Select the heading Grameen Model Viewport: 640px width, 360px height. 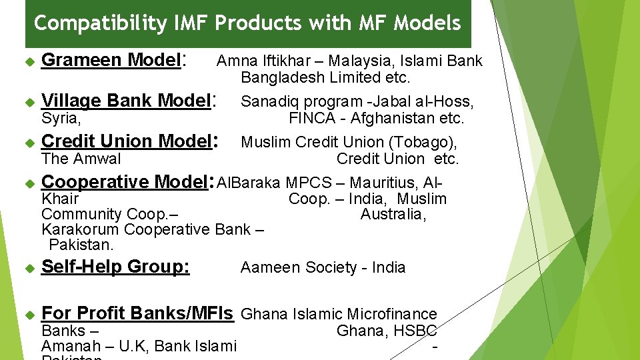(x=111, y=60)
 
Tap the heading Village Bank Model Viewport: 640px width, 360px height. (x=126, y=101)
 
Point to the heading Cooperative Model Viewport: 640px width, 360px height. (x=125, y=182)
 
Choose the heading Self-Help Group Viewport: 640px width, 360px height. (x=115, y=267)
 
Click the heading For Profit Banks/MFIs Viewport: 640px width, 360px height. (x=137, y=313)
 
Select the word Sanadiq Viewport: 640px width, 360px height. (x=266, y=102)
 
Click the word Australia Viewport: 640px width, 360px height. (x=391, y=215)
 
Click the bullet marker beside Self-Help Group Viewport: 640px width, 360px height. (x=29, y=268)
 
